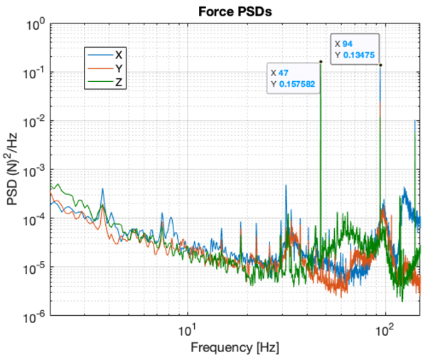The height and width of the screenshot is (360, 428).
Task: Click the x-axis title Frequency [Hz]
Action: pos(234,348)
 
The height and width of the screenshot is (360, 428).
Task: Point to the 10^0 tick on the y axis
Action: pos(36,25)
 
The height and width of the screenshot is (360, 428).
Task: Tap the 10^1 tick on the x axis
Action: pos(187,330)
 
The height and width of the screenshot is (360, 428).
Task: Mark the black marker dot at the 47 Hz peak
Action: pos(321,62)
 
